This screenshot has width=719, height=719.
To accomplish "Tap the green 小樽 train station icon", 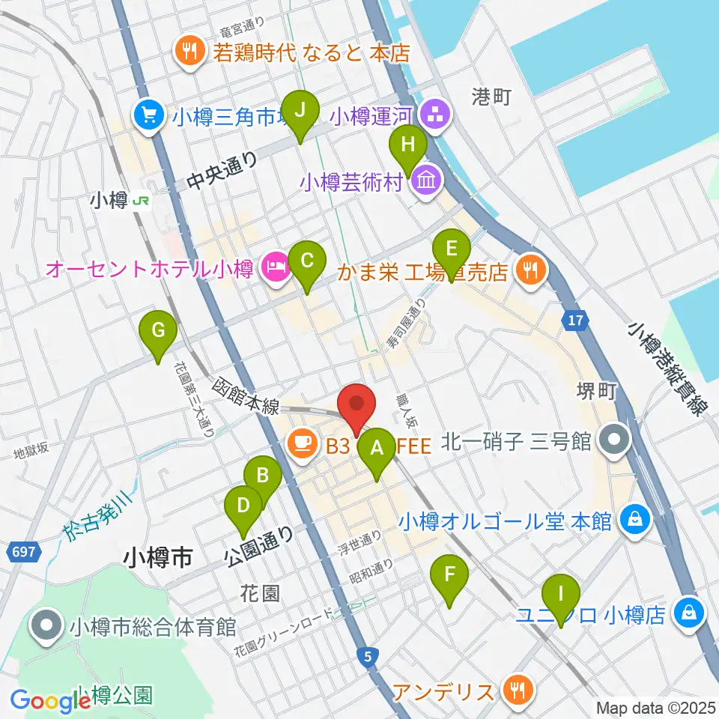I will [140, 201].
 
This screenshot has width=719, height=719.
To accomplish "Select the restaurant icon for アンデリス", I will [517, 688].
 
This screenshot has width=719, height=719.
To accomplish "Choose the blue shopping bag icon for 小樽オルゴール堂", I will [635, 521].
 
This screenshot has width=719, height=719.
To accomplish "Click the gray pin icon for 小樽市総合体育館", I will [46, 626].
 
